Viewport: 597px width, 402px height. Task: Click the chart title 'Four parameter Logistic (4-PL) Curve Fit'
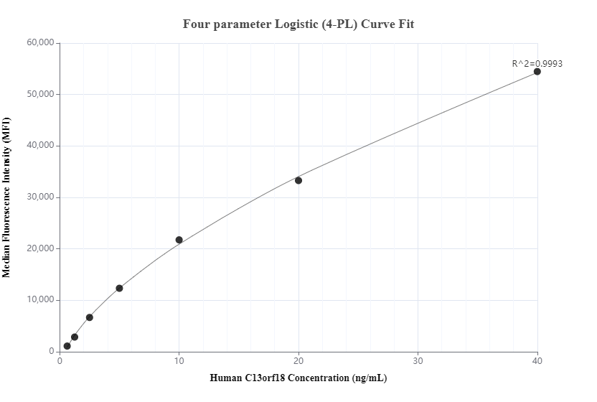click(x=298, y=24)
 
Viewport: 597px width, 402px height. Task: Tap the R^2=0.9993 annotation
click(x=537, y=63)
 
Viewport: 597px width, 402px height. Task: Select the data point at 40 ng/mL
click(x=537, y=72)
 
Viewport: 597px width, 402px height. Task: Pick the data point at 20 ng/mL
click(x=298, y=180)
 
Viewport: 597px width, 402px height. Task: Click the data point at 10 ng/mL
click(x=179, y=240)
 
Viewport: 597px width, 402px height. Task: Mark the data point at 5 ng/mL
click(x=119, y=289)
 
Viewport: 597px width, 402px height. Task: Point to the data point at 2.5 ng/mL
click(x=90, y=317)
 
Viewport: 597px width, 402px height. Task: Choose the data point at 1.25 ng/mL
click(x=75, y=337)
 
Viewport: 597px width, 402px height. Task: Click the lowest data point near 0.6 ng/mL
click(x=67, y=346)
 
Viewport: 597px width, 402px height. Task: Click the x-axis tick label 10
click(x=179, y=361)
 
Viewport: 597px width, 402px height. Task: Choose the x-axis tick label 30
click(x=418, y=361)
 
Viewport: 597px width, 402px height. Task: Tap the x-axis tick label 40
click(x=537, y=361)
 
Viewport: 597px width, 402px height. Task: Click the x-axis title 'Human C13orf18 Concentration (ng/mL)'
click(x=298, y=378)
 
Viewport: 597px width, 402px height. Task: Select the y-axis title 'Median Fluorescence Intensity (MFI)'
click(x=7, y=197)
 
